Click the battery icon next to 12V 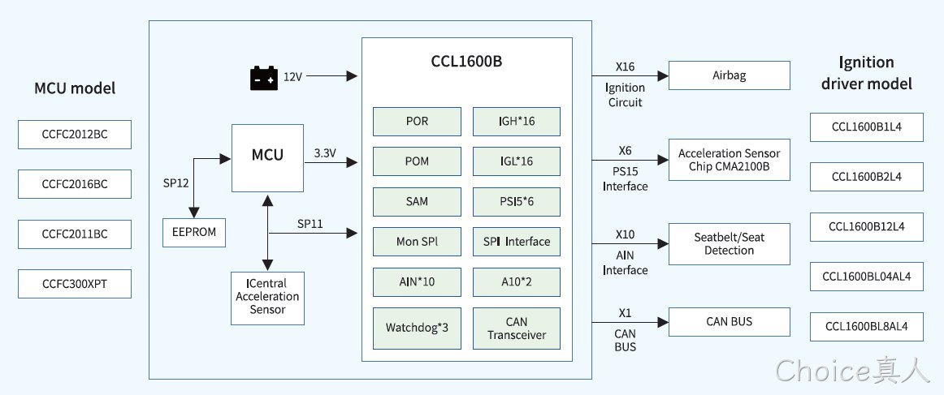[264, 78]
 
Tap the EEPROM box [194, 233]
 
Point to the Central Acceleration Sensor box [267, 298]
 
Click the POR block [418, 122]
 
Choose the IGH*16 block [517, 122]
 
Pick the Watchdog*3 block [418, 328]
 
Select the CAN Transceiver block [517, 328]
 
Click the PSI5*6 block [517, 201]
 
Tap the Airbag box [729, 75]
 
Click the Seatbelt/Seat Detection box [729, 243]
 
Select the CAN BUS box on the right [729, 322]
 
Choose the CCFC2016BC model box [75, 184]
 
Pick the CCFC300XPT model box [75, 284]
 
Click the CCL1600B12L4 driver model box [866, 226]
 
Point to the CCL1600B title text [466, 62]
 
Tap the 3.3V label [325, 152]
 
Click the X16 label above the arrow [625, 67]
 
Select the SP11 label [310, 224]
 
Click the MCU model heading [75, 88]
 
